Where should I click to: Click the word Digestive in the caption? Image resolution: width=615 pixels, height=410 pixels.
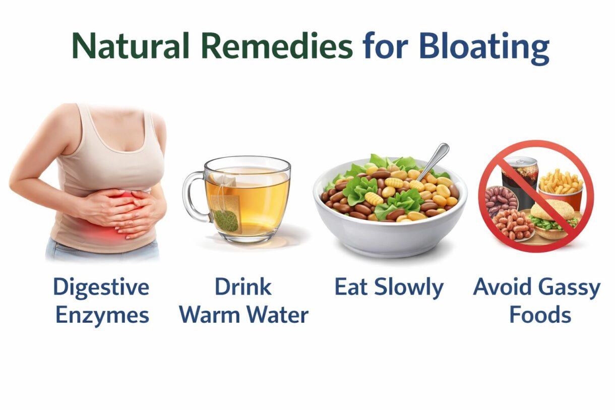coord(101,287)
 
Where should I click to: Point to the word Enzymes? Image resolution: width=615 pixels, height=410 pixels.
coord(102,316)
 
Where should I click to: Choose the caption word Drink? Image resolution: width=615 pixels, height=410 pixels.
coord(243,287)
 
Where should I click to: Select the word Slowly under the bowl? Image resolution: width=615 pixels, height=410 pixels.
coord(411,287)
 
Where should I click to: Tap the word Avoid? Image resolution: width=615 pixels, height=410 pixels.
coord(502,287)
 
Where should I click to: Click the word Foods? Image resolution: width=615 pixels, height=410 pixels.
coord(540,316)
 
